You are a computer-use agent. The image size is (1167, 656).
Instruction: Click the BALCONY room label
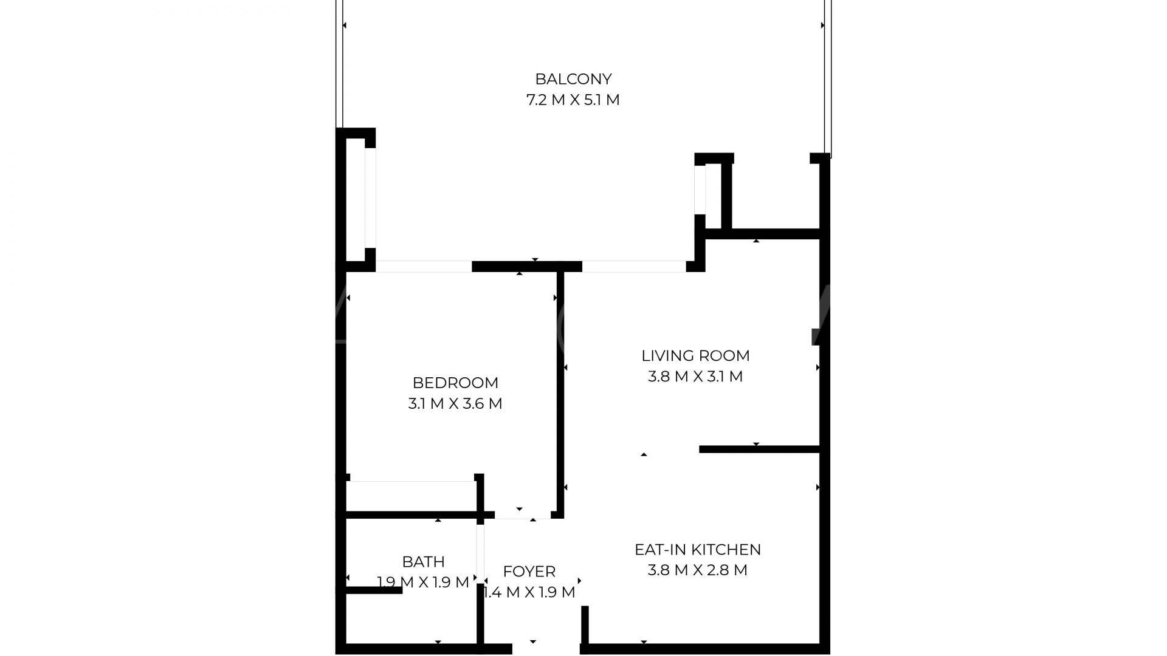(x=573, y=79)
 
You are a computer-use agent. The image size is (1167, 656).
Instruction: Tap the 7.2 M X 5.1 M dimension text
(x=573, y=100)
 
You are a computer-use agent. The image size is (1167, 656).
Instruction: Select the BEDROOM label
(x=455, y=383)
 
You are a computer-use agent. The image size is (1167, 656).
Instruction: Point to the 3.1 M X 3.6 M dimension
(x=455, y=403)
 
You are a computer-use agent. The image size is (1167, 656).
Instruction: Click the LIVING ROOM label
(x=695, y=355)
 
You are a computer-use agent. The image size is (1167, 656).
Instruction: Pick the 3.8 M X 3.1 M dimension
(x=695, y=377)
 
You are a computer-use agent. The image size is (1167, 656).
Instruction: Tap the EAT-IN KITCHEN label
(x=698, y=549)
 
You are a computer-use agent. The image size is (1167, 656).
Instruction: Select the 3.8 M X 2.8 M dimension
(x=698, y=570)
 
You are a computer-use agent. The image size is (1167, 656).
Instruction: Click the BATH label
(x=423, y=561)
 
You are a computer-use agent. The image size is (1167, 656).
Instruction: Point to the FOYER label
(x=529, y=572)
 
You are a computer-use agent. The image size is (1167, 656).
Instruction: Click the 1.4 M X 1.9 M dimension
(x=529, y=592)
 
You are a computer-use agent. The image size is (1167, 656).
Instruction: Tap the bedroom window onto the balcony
(x=424, y=266)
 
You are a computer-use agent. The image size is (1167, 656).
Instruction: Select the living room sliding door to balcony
(x=634, y=266)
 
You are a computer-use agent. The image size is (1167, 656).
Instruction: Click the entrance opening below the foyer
(x=546, y=649)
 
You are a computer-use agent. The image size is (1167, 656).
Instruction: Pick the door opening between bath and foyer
(x=480, y=553)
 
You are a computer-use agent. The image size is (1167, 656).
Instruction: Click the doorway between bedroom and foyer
(x=523, y=515)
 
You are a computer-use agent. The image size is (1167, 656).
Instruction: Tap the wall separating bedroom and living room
(x=560, y=395)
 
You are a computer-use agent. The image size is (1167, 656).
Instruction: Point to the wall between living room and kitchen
(x=760, y=449)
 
